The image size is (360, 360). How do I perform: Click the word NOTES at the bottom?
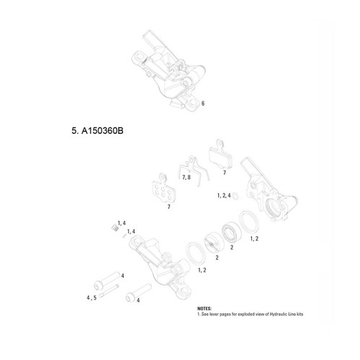(205, 307)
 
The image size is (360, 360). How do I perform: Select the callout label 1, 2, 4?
(223, 195)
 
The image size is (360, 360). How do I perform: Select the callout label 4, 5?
(91, 296)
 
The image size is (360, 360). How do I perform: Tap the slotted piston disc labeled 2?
(214, 242)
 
